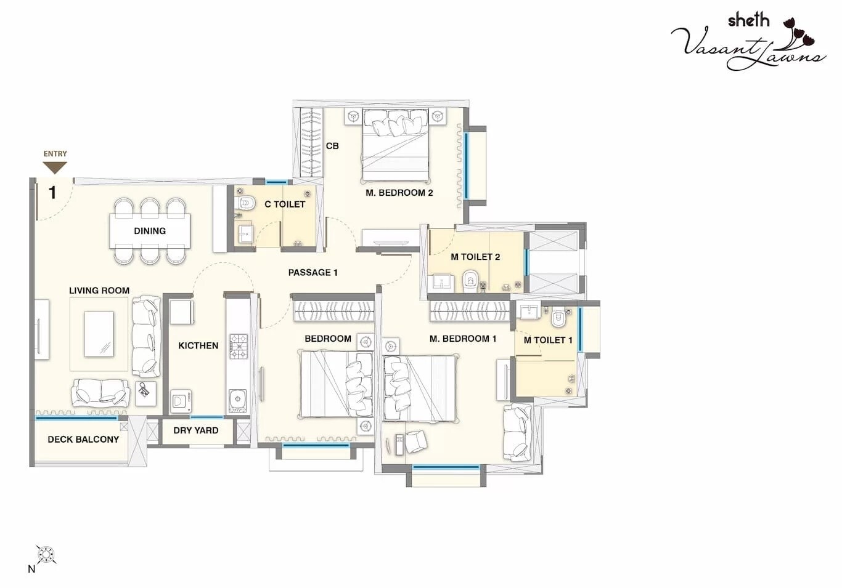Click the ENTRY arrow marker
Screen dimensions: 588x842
tap(55, 167)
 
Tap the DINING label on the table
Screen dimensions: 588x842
tap(150, 231)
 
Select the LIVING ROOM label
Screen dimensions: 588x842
tap(99, 291)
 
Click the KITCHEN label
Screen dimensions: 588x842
tap(198, 345)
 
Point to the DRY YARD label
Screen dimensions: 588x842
tap(195, 430)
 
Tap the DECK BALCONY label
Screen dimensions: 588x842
tap(83, 440)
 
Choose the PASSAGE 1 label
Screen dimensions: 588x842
tap(313, 272)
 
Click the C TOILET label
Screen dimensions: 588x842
tap(285, 204)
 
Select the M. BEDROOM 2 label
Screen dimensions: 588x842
tap(399, 193)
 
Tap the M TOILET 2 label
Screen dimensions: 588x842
tap(475, 257)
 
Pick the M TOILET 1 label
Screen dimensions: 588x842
tap(548, 340)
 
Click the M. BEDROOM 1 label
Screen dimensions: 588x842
tap(462, 339)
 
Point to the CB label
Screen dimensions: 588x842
tap(332, 146)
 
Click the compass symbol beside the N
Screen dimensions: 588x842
tap(46, 554)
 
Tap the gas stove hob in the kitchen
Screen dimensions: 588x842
tap(239, 347)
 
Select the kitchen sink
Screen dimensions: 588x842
tap(237, 401)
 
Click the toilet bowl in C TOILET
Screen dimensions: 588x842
tap(246, 203)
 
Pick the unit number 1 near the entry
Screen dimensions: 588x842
tap(52, 192)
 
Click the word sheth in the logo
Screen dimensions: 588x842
tap(748, 20)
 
